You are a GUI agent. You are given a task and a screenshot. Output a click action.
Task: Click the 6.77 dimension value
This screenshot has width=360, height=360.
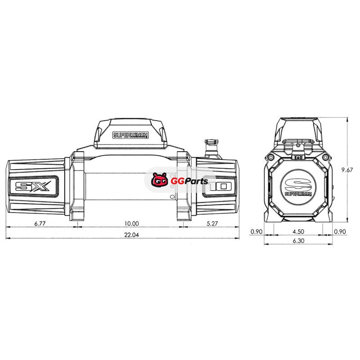click(40, 223)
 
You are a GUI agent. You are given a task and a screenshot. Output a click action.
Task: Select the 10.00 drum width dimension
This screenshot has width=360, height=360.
click(131, 223)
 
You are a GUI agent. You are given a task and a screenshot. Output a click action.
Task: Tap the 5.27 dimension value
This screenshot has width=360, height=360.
click(212, 223)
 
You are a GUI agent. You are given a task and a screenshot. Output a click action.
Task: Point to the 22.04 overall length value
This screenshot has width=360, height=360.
click(131, 235)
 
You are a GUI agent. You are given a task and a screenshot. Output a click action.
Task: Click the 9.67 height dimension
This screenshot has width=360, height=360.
click(346, 170)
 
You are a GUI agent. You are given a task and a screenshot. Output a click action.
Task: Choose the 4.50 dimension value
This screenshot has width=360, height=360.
click(298, 231)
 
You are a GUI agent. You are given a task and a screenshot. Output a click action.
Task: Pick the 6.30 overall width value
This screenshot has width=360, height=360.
click(298, 241)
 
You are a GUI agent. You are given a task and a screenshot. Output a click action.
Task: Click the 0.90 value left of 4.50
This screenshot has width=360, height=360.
click(256, 231)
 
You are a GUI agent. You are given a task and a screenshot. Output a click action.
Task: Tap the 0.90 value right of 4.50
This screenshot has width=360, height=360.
click(340, 231)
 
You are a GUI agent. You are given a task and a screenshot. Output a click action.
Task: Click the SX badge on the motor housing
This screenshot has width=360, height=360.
click(33, 186)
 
